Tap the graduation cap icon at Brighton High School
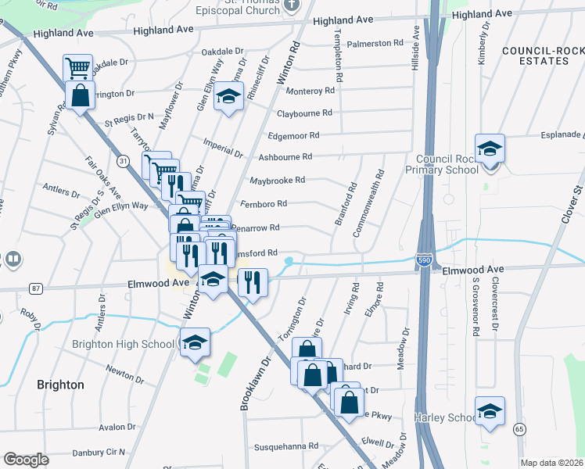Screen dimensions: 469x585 195,341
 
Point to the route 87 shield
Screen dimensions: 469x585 36,288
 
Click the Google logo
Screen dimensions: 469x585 26,460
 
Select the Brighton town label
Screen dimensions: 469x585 60,385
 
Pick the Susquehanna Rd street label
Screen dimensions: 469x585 286,446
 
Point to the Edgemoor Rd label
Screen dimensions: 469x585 293,135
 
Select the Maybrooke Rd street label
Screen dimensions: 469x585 277,181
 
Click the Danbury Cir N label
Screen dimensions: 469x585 99,453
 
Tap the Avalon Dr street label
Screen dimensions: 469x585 117,428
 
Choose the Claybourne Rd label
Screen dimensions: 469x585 305,113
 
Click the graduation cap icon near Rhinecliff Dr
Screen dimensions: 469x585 228,97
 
